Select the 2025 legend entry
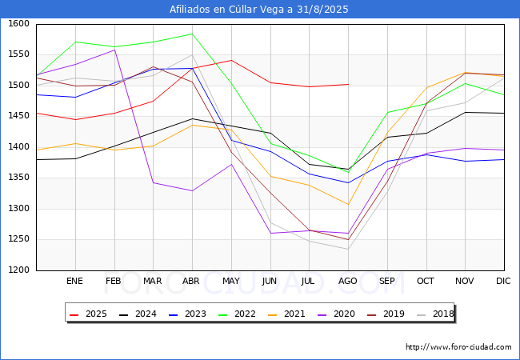point(88,314)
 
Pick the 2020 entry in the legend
point(336,314)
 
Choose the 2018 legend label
point(435,314)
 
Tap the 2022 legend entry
point(237,314)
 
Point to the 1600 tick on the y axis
point(18,23)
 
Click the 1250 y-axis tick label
point(18,239)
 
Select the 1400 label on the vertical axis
point(18,146)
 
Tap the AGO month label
point(347,281)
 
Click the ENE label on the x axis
point(74,281)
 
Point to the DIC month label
point(503,281)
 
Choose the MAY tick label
point(231,281)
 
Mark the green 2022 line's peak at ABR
point(192,34)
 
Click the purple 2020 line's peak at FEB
point(114,50)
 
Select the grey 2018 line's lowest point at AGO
point(348,250)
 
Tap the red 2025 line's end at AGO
point(348,84)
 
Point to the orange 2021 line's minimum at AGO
point(348,204)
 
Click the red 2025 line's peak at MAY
point(231,60)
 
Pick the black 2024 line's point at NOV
point(466,112)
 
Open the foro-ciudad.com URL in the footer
point(458,347)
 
